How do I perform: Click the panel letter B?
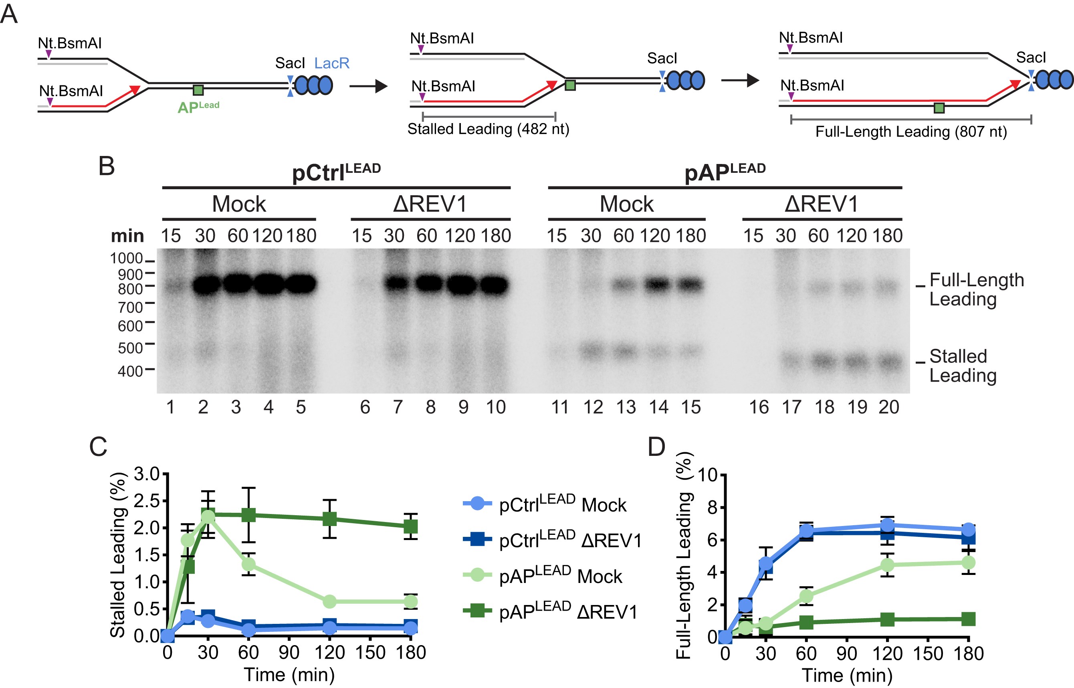coord(106,166)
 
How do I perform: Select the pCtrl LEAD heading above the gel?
coord(336,172)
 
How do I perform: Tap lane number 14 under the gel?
coord(658,407)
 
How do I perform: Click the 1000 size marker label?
coord(126,259)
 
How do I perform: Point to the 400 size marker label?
coord(129,371)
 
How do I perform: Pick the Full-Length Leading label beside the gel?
coord(976,289)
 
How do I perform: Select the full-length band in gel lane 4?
coord(269,284)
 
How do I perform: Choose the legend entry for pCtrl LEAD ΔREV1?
coord(570,540)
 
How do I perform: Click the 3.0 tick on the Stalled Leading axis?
coord(147,474)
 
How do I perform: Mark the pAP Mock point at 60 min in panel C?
coord(248,565)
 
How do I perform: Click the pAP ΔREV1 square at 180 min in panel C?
coord(410,526)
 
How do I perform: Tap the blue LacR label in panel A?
coord(331,63)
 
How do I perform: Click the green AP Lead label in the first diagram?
coord(198,107)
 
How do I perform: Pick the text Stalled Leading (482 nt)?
coord(488,129)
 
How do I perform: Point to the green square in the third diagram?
coord(939,108)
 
